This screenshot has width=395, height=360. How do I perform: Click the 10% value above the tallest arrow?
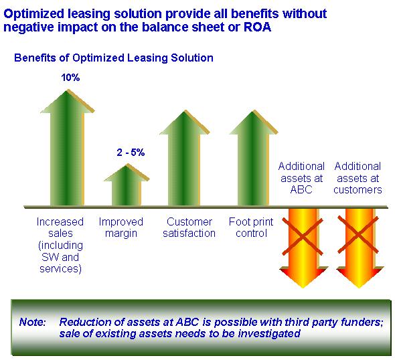tap(70, 78)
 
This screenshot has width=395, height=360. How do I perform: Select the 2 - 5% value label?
tap(131, 153)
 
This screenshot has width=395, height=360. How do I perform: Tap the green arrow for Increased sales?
tap(67, 149)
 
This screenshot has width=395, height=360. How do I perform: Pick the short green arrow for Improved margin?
tap(127, 186)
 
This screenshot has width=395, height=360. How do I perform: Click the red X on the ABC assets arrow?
tap(303, 237)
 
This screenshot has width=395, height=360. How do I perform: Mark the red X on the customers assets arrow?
tap(358, 235)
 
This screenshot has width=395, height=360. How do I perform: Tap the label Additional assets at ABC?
tap(301, 178)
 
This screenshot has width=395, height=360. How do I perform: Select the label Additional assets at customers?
tap(358, 178)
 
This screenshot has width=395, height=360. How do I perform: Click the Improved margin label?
tap(121, 228)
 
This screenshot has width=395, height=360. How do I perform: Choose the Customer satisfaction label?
tap(189, 228)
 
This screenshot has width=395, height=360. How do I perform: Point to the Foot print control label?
tap(251, 228)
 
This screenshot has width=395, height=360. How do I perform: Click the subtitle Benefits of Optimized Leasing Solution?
tap(114, 58)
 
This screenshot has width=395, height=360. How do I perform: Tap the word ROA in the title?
tap(258, 27)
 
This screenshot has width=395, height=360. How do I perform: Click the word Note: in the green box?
tap(33, 322)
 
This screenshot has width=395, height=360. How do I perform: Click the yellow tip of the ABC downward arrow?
tap(303, 287)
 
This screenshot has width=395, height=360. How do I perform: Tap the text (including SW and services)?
tap(60, 257)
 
